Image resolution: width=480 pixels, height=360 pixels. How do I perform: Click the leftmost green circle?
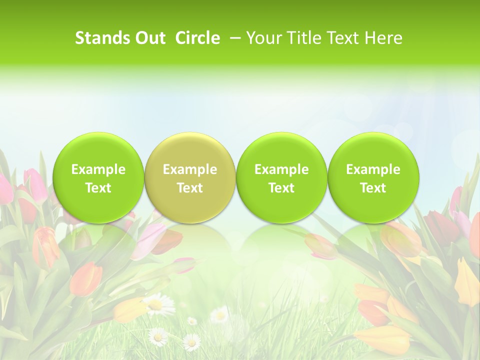tap(98, 178)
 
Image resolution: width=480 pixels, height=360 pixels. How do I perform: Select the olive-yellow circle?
tap(189, 178)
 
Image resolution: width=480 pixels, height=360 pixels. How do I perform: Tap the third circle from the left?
tap(281, 178)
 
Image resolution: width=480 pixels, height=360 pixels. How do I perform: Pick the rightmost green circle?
tap(373, 178)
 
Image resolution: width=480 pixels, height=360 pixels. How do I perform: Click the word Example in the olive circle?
tap(190, 169)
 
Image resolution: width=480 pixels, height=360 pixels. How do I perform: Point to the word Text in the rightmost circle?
tap(373, 188)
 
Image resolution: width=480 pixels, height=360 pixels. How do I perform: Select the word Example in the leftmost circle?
tap(98, 169)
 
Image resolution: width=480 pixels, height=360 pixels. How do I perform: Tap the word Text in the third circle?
tap(281, 188)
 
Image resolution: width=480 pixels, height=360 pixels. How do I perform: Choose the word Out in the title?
tap(148, 38)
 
